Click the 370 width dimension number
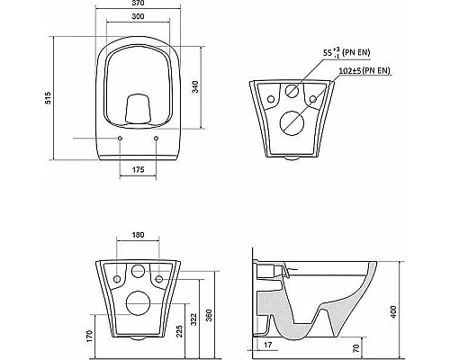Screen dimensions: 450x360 [138, 3]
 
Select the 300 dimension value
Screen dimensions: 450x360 [138, 16]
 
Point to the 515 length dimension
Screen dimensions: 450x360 [48, 98]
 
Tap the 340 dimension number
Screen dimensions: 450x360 [195, 86]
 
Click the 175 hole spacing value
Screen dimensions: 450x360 [138, 169]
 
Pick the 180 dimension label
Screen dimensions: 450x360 [138, 235]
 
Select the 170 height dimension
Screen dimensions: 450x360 [89, 337]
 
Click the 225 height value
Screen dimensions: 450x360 [179, 331]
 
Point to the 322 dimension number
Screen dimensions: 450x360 [193, 319]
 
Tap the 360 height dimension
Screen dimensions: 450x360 [210, 315]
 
